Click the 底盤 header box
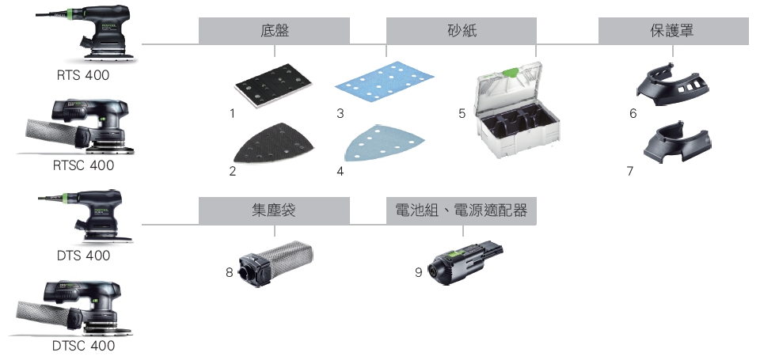[274, 31]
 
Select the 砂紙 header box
[461, 31]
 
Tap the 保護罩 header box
[673, 31]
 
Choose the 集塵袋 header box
[274, 210]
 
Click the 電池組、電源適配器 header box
[461, 210]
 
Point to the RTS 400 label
[83, 75]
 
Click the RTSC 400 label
[83, 165]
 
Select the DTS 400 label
[83, 256]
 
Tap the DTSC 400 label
[83, 346]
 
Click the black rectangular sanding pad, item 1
[274, 85]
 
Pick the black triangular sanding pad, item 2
[274, 143]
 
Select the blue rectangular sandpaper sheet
[385, 79]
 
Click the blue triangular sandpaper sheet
[385, 143]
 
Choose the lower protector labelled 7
[677, 142]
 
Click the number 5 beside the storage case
[462, 113]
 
